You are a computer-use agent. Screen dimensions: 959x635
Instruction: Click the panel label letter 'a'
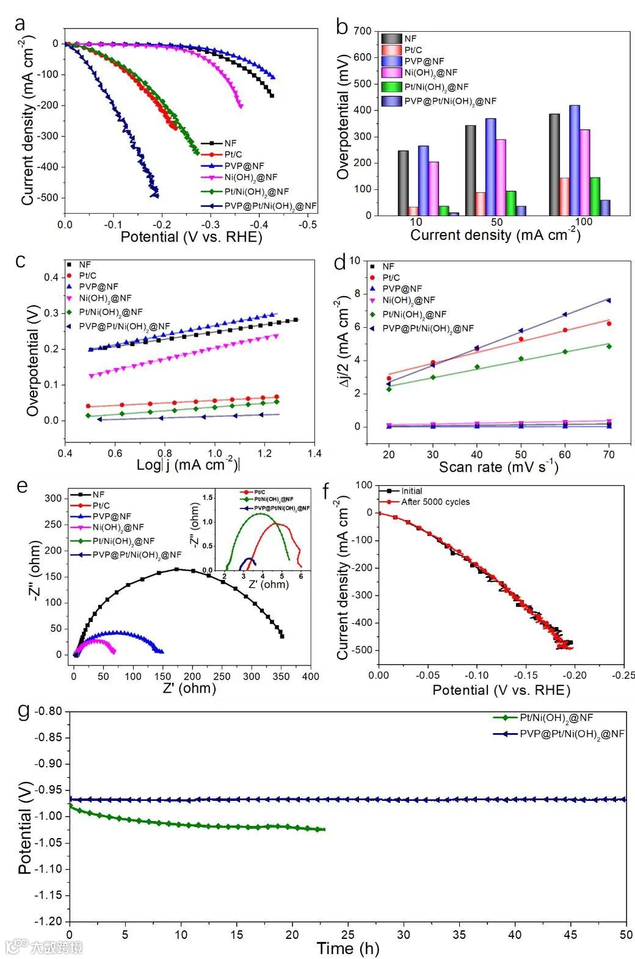(21, 24)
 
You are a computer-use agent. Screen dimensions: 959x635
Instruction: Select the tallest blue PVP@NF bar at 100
(575, 160)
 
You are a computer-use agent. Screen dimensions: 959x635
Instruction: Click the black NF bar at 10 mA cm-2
(403, 183)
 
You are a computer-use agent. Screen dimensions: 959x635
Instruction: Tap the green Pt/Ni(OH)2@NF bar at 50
(511, 203)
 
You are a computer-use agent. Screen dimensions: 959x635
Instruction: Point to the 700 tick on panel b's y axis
(363, 31)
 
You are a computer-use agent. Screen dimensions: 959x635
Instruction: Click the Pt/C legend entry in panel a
(232, 154)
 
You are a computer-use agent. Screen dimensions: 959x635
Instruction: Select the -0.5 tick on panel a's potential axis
(307, 225)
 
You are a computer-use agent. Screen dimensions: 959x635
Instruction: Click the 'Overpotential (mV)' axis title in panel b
(343, 117)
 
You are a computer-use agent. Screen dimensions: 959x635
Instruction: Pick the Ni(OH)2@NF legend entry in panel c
(103, 299)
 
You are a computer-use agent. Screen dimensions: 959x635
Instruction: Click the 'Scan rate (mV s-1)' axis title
(498, 468)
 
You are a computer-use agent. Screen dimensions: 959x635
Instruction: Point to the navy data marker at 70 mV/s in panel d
(608, 300)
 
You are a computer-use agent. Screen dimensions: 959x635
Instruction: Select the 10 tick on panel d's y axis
(355, 261)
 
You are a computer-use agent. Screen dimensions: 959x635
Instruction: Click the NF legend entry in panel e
(98, 494)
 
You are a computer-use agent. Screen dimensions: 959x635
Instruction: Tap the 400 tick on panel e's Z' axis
(310, 676)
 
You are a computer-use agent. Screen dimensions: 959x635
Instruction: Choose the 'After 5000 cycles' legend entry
(435, 502)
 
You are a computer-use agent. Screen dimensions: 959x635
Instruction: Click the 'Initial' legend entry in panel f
(412, 491)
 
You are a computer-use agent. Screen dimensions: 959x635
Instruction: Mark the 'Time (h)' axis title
(347, 948)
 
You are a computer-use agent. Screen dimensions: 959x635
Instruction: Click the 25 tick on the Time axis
(348, 935)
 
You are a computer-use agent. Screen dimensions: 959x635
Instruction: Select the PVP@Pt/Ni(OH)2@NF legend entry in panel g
(571, 734)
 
